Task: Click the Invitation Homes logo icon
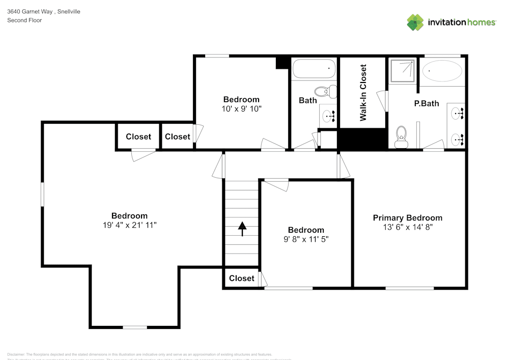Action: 415,22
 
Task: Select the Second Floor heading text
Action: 24,20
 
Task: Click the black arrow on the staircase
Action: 242,229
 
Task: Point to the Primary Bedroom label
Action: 407,218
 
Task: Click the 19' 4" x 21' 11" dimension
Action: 129,225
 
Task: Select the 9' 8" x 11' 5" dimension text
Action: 306,239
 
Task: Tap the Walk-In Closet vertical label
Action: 363,92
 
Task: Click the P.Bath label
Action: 426,103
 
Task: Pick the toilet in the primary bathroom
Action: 402,136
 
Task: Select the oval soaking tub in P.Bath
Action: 442,71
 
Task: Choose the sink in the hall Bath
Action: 329,116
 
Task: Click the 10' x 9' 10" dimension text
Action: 241,108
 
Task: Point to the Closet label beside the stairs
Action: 241,278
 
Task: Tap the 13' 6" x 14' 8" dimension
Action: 407,227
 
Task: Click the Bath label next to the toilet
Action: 307,100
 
